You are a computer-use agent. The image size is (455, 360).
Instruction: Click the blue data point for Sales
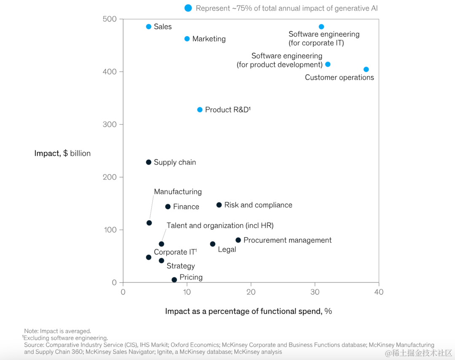tap(148, 27)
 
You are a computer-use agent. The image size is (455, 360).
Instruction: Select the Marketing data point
tap(187, 39)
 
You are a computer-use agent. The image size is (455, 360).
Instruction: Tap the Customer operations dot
tap(366, 70)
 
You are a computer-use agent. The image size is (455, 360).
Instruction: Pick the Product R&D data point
tap(200, 110)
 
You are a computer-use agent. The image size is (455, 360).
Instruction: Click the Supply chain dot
tap(148, 162)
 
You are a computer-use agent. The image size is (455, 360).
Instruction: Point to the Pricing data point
tap(174, 279)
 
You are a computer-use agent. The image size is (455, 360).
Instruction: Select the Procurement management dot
tap(238, 240)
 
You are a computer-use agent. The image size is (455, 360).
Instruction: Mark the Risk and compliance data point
tap(219, 205)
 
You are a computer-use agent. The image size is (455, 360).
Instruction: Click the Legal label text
tap(227, 250)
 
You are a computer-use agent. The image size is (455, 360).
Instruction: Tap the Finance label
tap(186, 207)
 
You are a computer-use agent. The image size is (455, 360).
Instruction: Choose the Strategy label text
tap(181, 266)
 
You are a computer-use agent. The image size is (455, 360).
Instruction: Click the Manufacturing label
tap(178, 192)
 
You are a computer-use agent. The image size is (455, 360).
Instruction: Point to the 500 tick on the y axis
tap(110, 19)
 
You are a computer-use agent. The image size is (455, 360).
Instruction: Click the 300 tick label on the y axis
tap(110, 124)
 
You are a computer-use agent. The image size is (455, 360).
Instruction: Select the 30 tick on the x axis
tap(315, 292)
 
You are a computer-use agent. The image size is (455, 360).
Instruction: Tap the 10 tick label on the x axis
tap(187, 292)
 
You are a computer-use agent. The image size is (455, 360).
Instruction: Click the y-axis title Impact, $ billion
tap(62, 153)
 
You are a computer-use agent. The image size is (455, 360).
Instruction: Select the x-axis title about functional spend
tap(248, 311)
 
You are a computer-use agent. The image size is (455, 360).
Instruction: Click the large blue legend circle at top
tap(188, 8)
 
